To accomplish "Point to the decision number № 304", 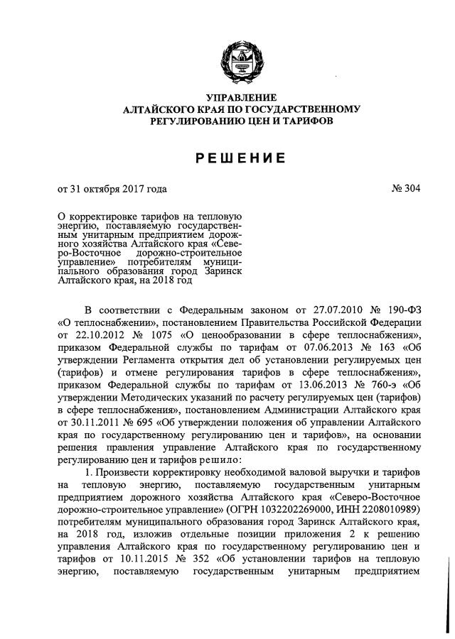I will (x=405, y=190).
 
